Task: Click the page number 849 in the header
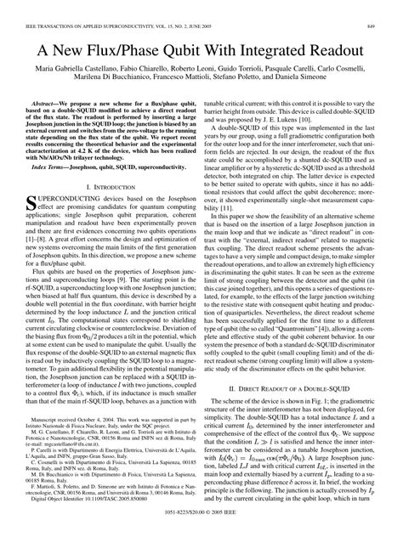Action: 388,7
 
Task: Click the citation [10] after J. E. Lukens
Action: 346,117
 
